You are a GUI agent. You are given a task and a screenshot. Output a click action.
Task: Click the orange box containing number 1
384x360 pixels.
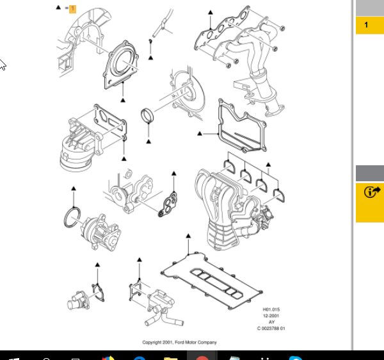pos(72,8)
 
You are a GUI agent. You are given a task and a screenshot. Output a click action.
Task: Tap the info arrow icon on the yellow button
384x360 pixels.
pos(370,192)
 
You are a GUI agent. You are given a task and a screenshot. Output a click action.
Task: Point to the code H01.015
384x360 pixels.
pos(271,310)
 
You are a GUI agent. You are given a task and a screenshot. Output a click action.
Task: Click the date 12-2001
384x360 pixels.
pos(271,316)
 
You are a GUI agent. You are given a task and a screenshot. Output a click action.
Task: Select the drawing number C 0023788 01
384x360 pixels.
pos(271,329)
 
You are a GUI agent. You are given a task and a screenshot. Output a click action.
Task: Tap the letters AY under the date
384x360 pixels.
pos(271,322)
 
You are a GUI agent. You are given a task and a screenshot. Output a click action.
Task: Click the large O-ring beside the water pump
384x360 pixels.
pos(73,217)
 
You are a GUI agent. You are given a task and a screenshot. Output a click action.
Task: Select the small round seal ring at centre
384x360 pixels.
pos(149,119)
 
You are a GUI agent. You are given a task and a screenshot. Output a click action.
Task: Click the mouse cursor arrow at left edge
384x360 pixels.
pos(3,65)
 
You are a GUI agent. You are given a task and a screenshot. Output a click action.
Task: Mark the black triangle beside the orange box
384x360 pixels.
pos(58,8)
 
